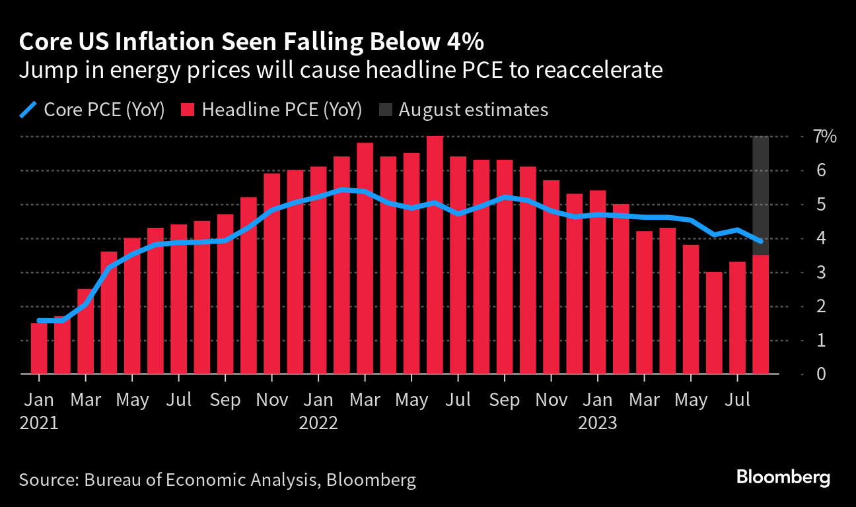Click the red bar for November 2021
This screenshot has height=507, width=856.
point(272,277)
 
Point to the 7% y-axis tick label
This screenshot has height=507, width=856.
point(825,137)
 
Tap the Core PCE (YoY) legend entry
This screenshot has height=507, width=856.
point(92,110)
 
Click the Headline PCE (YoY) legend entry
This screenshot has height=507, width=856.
point(271,110)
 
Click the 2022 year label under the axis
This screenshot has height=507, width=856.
point(318,422)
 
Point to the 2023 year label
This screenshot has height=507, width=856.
point(597,422)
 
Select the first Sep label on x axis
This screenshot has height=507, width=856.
point(225,400)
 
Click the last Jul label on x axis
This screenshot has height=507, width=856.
point(737,400)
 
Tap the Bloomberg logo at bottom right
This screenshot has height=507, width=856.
point(783,477)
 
